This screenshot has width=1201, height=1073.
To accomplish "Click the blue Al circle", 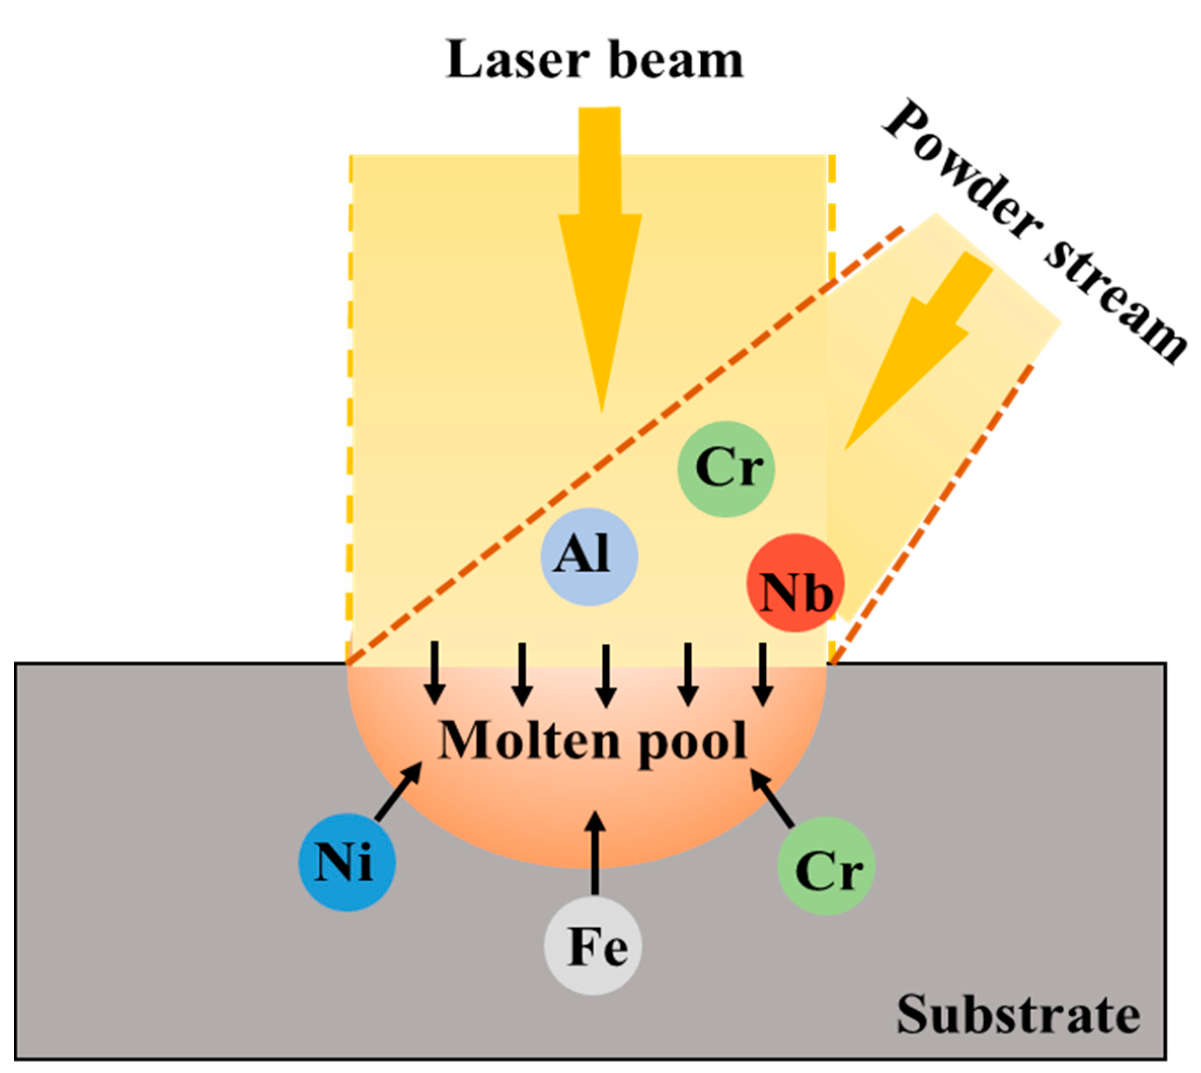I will [x=589, y=557].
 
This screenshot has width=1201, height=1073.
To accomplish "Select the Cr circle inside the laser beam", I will [x=726, y=469].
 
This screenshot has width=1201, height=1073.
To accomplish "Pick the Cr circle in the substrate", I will [x=826, y=866].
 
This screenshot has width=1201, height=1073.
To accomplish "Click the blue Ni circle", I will [x=346, y=862].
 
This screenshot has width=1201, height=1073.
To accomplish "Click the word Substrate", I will [x=1018, y=1014].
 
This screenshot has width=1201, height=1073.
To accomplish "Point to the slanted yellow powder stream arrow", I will [x=919, y=348].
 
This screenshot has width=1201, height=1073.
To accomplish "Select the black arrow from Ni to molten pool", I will [x=399, y=791].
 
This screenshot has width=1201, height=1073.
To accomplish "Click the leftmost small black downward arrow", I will [x=435, y=672].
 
